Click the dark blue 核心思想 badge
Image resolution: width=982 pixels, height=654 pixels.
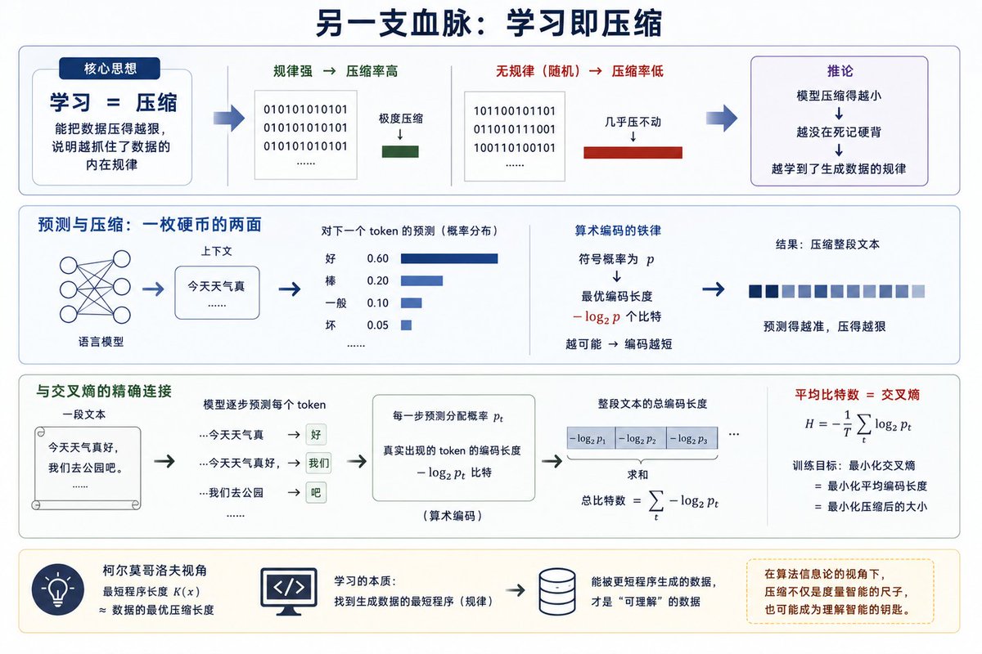click(110, 69)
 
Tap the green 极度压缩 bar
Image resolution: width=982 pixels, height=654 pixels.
click(400, 151)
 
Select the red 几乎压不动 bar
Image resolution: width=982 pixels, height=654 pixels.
click(633, 152)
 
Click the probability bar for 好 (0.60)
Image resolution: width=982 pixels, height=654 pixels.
click(449, 258)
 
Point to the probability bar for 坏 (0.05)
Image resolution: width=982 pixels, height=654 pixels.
click(406, 325)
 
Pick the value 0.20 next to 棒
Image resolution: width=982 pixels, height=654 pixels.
click(377, 280)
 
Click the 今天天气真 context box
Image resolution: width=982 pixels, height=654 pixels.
click(217, 293)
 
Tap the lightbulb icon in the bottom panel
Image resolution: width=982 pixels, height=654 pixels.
click(58, 589)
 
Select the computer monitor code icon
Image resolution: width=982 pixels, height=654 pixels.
click(289, 592)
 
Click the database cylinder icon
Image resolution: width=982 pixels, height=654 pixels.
click(557, 592)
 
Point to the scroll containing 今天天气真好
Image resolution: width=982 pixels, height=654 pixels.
click(87, 468)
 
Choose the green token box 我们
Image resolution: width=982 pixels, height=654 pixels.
click(318, 463)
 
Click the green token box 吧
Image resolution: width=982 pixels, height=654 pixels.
click(316, 493)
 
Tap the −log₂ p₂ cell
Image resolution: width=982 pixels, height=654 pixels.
click(641, 438)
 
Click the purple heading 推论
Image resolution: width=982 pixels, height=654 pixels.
click(840, 71)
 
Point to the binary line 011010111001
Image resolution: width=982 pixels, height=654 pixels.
click(515, 130)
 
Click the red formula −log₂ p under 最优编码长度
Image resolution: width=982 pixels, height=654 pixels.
click(597, 316)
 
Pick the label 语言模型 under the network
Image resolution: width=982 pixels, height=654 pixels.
click(101, 342)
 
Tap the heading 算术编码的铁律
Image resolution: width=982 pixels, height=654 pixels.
click(618, 231)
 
